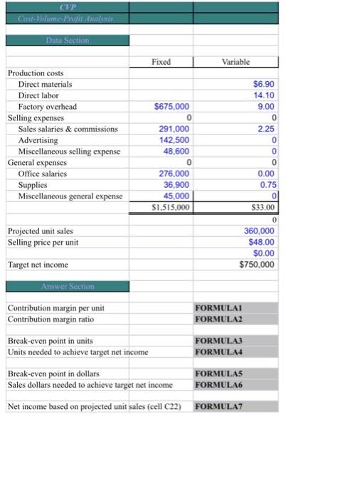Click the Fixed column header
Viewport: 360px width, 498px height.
[162, 62]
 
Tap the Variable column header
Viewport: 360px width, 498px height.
[237, 62]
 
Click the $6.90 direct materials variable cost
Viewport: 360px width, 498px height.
[263, 84]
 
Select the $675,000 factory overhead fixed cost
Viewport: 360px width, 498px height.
[171, 107]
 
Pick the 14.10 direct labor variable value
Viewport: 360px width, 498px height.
[263, 95]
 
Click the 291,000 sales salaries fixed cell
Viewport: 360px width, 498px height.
[174, 129]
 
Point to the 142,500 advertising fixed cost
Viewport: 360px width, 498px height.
[174, 140]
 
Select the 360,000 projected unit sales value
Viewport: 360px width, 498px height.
[259, 231]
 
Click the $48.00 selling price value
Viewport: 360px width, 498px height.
[261, 242]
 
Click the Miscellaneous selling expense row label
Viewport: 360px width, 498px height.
[70, 152]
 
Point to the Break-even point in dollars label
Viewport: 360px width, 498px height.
[53, 373]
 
